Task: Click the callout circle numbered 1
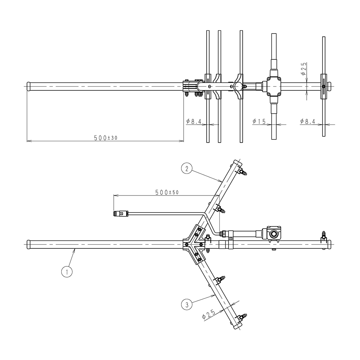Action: [x=67, y=272]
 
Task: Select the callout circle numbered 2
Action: [x=186, y=169]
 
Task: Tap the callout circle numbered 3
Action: [x=186, y=305]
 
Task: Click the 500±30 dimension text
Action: [x=105, y=138]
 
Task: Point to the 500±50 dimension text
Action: [x=167, y=192]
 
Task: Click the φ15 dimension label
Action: [x=259, y=121]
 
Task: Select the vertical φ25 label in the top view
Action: [x=304, y=69]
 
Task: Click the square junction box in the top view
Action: [x=274, y=86]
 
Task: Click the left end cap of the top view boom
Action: [x=29, y=86]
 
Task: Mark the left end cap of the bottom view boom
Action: [x=29, y=244]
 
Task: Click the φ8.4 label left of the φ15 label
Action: [x=194, y=121]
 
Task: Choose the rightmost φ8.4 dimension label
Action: [x=308, y=121]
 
